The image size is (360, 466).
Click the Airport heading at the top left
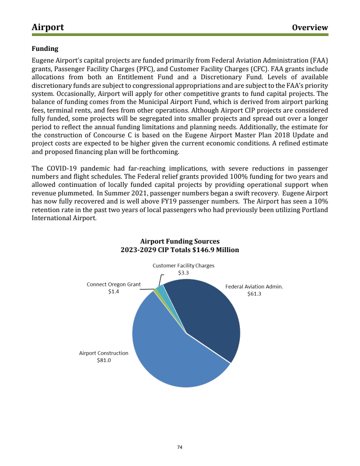[x=48, y=27]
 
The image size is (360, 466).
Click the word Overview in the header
[x=310, y=27]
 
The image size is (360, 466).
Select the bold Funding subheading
[x=45, y=49]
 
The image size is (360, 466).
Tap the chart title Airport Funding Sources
[x=180, y=241]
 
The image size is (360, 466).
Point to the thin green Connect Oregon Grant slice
[x=156, y=291]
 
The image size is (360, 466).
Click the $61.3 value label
[x=254, y=294]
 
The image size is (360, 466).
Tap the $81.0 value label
[x=104, y=360]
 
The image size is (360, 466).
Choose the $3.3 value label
[x=183, y=273]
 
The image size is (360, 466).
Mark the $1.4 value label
[x=113, y=292]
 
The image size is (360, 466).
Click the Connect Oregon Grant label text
[x=113, y=285]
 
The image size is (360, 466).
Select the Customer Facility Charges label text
[x=183, y=266]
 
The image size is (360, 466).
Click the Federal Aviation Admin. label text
[x=254, y=286]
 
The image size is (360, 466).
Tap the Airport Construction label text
[x=104, y=353]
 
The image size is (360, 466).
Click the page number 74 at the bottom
[x=180, y=448]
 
